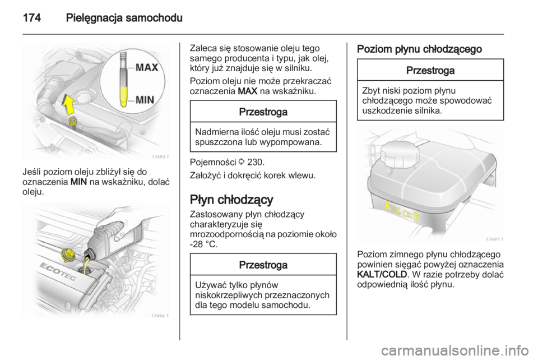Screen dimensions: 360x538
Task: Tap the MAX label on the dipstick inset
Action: click(x=147, y=68)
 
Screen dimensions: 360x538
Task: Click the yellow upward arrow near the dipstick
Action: click(x=68, y=104)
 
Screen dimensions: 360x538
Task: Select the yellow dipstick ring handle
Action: click(x=72, y=121)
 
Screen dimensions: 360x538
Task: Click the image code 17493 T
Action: click(x=160, y=156)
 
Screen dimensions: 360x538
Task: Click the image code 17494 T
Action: click(x=160, y=314)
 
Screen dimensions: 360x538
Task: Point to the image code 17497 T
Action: click(x=493, y=239)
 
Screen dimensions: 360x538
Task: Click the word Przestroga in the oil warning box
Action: click(x=263, y=112)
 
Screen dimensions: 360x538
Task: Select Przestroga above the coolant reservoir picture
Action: click(x=430, y=71)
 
